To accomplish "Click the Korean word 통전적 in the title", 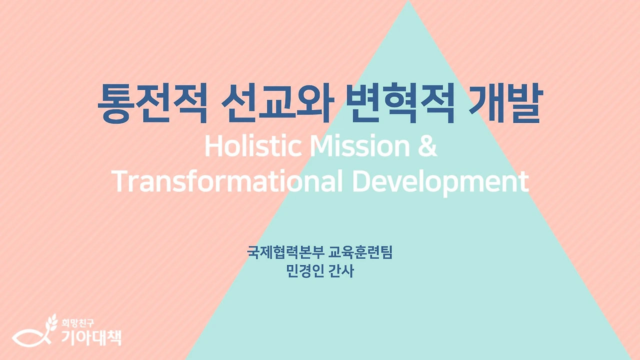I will (x=151, y=104).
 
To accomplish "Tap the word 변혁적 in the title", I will (x=399, y=104).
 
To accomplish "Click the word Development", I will (x=440, y=182).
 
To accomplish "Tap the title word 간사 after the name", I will (x=341, y=271).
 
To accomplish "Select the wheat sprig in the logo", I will (x=51, y=323).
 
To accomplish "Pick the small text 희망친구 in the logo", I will (x=74, y=322).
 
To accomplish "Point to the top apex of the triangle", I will (x=408, y=2).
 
